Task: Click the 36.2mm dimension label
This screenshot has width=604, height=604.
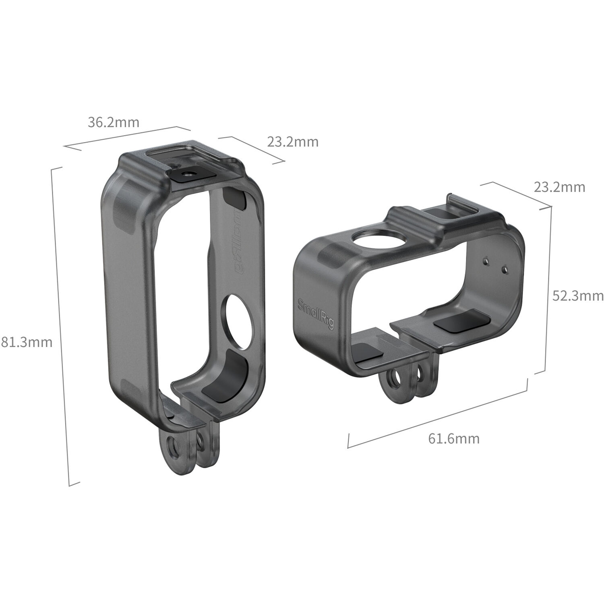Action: tap(114, 122)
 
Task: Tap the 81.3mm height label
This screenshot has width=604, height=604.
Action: tap(27, 342)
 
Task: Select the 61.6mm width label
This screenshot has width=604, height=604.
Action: tap(453, 438)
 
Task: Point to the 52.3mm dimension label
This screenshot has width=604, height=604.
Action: tap(577, 296)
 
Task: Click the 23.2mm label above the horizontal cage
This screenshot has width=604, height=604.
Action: tap(559, 187)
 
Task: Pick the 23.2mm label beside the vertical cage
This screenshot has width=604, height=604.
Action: tap(293, 142)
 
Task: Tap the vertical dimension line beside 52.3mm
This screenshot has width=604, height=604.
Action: tap(548, 290)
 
